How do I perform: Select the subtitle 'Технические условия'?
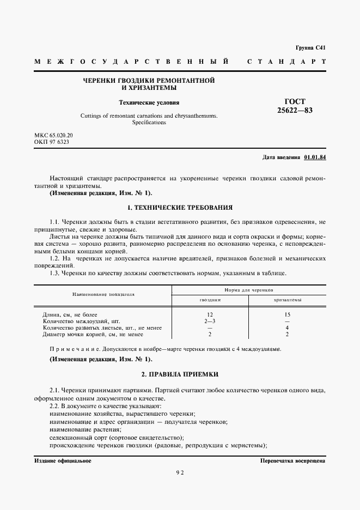click(x=149, y=102)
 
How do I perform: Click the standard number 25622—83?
click(x=295, y=111)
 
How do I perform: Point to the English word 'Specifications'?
click(x=149, y=123)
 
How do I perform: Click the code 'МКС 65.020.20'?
click(x=53, y=135)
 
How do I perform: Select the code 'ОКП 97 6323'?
click(x=51, y=142)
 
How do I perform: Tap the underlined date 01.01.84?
click(x=314, y=157)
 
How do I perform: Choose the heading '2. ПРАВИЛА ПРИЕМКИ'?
click(x=180, y=375)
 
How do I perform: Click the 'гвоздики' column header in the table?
click(x=210, y=300)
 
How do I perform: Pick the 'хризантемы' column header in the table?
click(x=287, y=300)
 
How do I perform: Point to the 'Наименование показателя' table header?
click(x=103, y=294)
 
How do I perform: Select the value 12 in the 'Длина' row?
click(x=210, y=315)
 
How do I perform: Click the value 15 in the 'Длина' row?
click(x=287, y=315)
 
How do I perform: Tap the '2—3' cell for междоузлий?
click(x=210, y=321)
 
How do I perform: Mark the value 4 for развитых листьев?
click(x=287, y=328)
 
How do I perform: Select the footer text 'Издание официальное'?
click(x=63, y=461)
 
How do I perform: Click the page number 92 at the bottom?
click(x=180, y=473)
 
